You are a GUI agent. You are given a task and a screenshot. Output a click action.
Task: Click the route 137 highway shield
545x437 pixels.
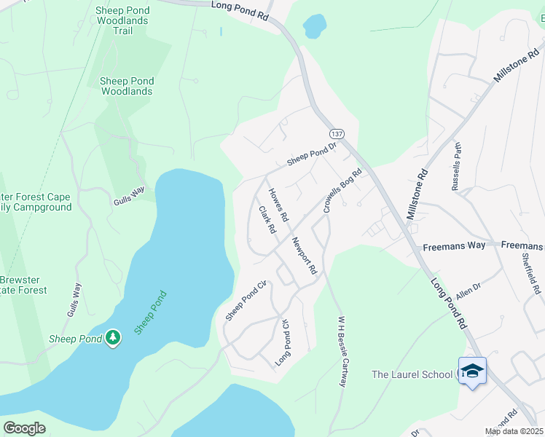(x=336, y=135)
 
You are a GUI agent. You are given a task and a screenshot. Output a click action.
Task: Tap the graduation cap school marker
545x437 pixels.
(x=471, y=371)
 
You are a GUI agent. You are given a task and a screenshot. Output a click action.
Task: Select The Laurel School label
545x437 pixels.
(x=412, y=374)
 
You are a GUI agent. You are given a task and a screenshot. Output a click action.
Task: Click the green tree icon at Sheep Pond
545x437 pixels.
(x=113, y=337)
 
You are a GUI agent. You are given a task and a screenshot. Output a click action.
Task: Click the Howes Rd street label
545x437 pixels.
(x=278, y=205)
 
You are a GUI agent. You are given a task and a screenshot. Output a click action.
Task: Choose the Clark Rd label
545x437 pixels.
(x=267, y=219)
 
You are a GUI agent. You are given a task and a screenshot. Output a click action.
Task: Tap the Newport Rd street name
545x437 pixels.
(x=304, y=255)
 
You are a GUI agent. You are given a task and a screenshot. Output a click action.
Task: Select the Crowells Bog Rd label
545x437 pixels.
(x=342, y=191)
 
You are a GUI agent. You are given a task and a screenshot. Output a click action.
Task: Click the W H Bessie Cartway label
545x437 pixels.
(x=340, y=351)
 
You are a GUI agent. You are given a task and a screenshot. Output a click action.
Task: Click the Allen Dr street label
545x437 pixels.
(x=468, y=291)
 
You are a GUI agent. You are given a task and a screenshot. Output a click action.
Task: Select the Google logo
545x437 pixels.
(x=24, y=428)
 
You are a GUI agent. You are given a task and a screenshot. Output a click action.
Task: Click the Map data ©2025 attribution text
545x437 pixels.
(x=513, y=431)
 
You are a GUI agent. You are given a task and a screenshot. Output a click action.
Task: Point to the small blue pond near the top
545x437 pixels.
(x=314, y=27)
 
